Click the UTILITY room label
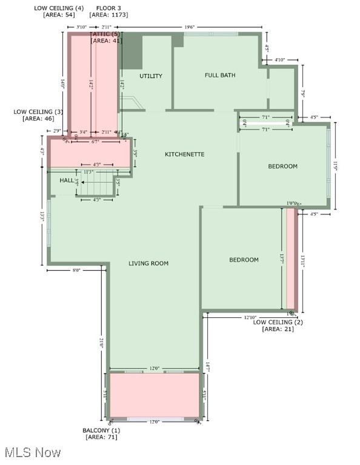(151, 76)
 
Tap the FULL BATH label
(220, 76)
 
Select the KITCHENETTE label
(185, 154)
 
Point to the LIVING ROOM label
(148, 263)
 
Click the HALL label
(67, 180)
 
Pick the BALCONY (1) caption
(101, 430)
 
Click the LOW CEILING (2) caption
(278, 322)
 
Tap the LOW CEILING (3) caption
(38, 112)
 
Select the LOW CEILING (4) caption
(59, 8)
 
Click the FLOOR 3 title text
(107, 8)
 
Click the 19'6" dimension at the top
(190, 27)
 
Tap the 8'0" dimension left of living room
(76, 271)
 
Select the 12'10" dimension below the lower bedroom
(250, 317)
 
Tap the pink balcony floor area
(155, 395)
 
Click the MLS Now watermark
(32, 453)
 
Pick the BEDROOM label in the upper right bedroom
(283, 167)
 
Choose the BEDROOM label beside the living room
(244, 260)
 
